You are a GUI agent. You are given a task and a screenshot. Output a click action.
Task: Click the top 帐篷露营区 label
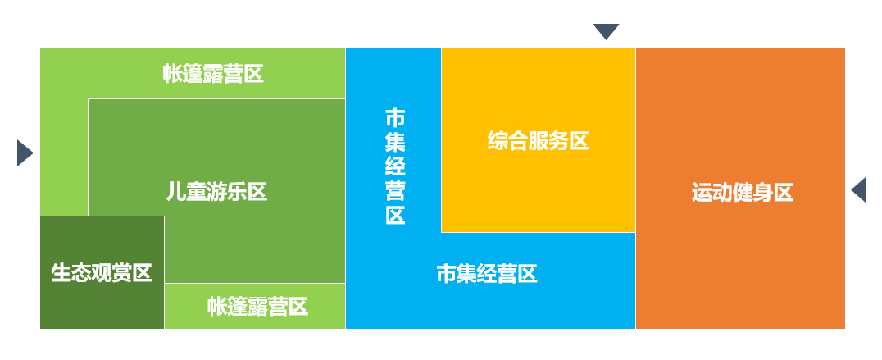pos(213,74)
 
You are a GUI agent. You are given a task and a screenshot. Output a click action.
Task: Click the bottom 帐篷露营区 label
pos(257,307)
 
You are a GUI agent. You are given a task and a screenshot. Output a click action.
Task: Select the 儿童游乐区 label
pos(216,192)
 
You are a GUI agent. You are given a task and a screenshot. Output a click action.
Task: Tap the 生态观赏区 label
pos(102,273)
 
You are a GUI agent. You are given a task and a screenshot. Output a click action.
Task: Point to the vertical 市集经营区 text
pos(395,166)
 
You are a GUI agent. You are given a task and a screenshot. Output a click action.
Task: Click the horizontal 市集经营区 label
pos(487,274)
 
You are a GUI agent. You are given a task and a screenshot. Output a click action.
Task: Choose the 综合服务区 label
pos(539,141)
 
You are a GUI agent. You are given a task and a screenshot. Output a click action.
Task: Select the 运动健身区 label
pos(742,194)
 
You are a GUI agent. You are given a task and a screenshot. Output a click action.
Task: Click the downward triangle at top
pos(606,31)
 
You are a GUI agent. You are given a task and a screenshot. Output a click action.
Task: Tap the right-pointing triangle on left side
pos(24,153)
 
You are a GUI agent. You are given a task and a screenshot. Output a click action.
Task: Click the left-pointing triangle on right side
pos(860,189)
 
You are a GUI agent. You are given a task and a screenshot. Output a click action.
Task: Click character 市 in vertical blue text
pos(395,117)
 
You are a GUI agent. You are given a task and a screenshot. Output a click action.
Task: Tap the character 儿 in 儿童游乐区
pos(175,192)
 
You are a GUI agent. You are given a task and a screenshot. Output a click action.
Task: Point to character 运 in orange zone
pos(702,194)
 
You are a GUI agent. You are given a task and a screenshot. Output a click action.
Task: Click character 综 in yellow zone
pos(498,141)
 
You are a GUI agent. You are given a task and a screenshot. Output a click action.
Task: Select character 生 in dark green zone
pos(61,273)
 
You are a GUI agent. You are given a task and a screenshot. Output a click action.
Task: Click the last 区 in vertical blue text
pos(395,216)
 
